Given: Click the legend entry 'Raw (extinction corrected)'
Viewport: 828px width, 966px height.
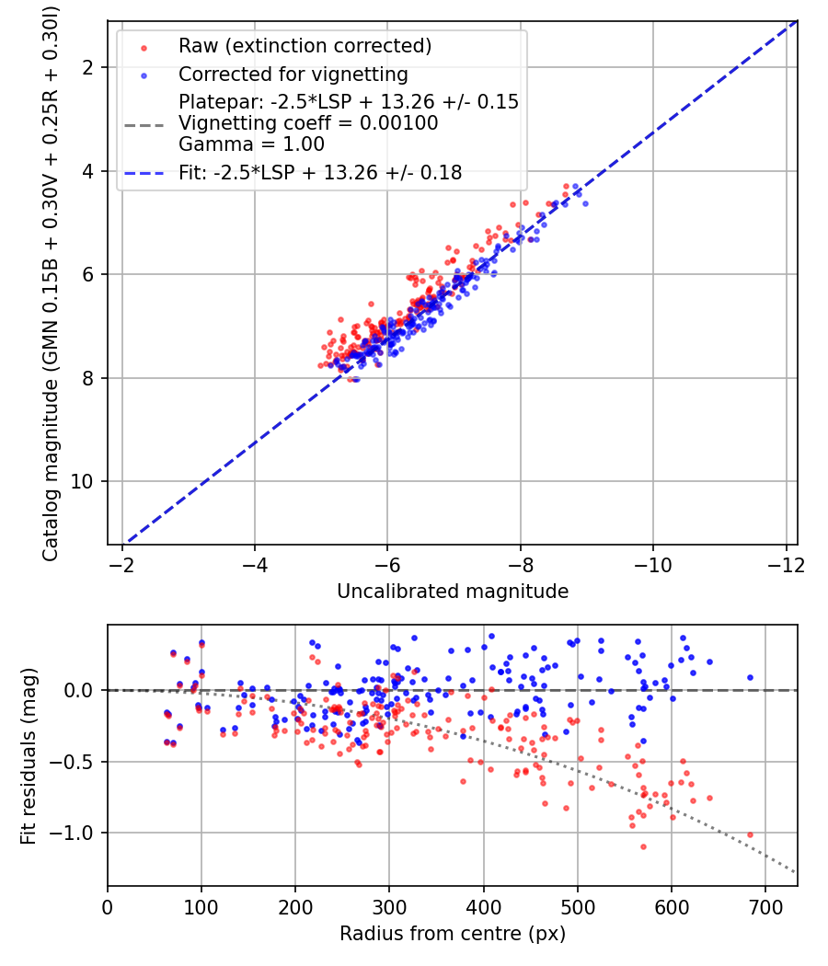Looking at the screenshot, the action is [x=305, y=46].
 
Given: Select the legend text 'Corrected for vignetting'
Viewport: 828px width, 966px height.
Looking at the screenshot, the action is [x=293, y=75].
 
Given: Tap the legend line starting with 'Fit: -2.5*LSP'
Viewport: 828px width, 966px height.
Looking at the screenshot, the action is [x=320, y=173].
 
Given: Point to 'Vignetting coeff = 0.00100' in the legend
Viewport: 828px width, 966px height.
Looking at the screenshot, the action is [x=308, y=123].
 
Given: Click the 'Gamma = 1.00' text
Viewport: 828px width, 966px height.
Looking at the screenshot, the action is [x=251, y=144].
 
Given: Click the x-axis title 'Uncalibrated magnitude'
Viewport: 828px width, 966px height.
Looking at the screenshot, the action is [x=453, y=592].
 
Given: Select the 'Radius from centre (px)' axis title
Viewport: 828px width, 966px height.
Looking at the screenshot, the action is [x=453, y=934].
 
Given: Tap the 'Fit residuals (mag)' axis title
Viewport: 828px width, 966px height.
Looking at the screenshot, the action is [x=29, y=756].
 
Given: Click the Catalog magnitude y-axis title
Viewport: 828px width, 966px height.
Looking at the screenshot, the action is [x=51, y=283].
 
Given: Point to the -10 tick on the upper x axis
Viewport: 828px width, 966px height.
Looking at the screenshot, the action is [x=653, y=565].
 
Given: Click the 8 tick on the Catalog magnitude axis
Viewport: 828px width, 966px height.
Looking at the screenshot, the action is [x=88, y=377].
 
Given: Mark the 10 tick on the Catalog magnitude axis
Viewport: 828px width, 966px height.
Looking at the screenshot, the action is [x=83, y=481].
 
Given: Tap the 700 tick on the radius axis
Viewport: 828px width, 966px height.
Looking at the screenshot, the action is [x=765, y=907].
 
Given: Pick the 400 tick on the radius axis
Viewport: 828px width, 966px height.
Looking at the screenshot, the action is [x=484, y=907].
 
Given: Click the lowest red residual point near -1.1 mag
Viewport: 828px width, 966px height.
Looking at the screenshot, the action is [x=643, y=847].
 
